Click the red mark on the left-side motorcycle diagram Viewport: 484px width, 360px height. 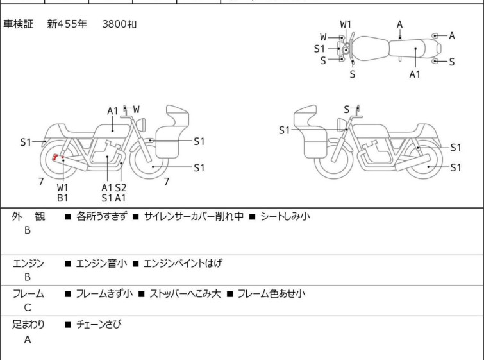56,157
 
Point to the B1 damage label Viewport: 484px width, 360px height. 63,198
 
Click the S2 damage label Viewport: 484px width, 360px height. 121,187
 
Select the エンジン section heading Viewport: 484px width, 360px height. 28,263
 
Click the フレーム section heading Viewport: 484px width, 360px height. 28,294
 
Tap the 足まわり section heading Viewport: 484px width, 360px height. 28,325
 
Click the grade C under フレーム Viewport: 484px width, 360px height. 28,308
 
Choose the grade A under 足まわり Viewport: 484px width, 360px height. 28,339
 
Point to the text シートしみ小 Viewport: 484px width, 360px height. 285,217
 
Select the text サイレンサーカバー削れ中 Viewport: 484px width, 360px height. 194,217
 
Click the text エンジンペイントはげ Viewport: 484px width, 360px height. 182,263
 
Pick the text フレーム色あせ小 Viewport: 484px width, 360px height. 271,294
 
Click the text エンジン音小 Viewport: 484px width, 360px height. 101,263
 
